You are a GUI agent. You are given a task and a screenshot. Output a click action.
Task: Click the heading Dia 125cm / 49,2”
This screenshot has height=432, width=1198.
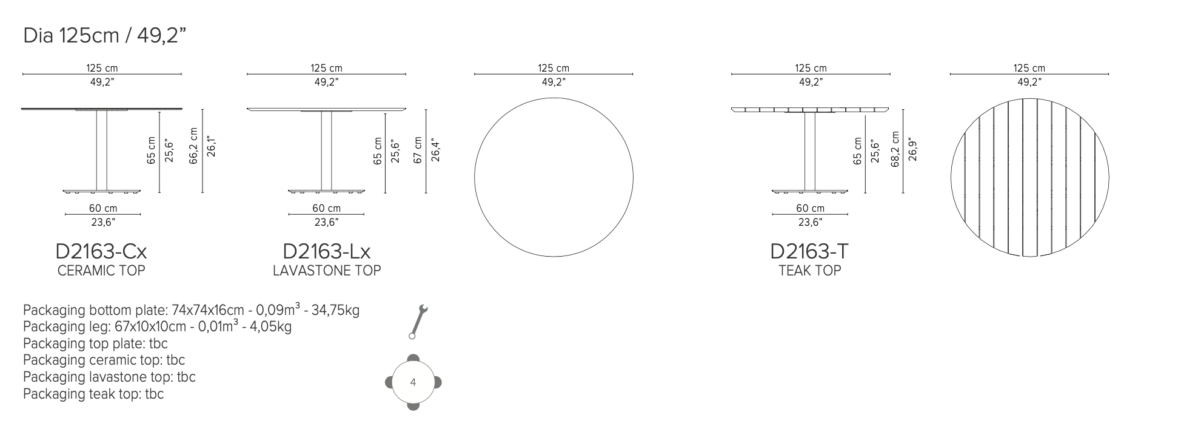pos(104,36)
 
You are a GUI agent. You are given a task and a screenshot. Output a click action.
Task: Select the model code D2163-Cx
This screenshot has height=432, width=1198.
pos(101,251)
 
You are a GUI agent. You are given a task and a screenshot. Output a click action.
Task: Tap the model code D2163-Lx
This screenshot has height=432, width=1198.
pos(327,251)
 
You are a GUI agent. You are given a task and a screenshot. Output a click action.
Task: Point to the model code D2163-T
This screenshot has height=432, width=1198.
pos(809,251)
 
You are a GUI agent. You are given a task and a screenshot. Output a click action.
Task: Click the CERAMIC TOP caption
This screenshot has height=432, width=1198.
pos(101,271)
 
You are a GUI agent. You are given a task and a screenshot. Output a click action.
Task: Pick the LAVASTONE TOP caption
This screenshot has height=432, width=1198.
pos(327,271)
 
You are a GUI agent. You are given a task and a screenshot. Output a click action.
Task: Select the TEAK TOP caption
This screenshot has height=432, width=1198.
pos(810,271)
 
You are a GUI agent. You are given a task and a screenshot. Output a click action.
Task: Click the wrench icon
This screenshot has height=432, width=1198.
pos(418,322)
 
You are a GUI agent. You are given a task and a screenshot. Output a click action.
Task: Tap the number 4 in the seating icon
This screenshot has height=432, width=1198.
pos(413,382)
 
